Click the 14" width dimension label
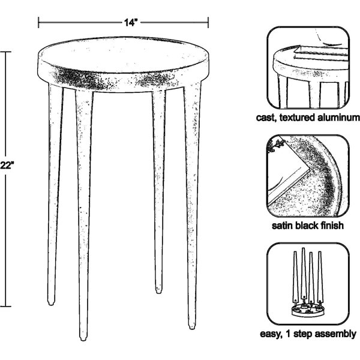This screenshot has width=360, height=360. (131, 23)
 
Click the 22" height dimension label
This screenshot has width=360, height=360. (7, 166)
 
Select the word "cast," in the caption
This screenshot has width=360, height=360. (266, 118)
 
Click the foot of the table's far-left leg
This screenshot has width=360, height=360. (51, 302)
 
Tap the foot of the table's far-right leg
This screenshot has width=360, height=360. (192, 326)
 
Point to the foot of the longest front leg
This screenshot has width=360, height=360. (83, 337)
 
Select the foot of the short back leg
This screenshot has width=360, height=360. (158, 290)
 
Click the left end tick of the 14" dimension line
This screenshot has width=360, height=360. (38, 23)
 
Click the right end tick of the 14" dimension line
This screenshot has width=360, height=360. (208, 23)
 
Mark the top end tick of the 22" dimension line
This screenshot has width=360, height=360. (5, 52)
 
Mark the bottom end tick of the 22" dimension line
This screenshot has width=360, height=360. (5, 306)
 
